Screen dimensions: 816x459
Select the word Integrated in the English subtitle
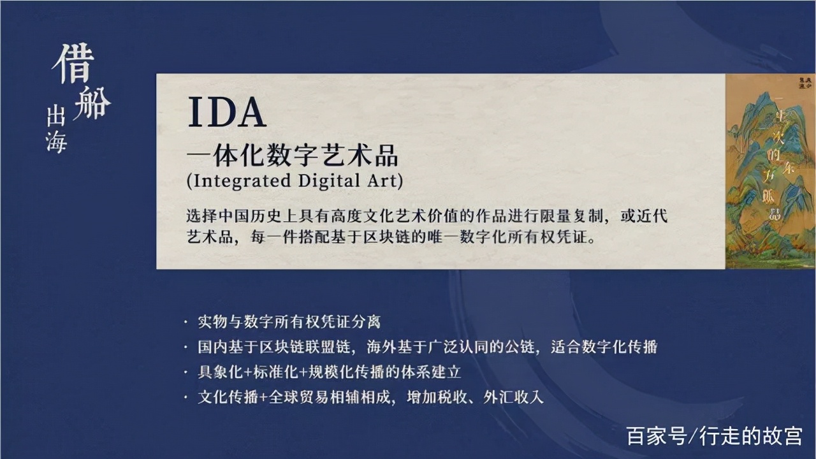(x=242, y=180)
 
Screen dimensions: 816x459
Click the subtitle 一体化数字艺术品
(x=292, y=155)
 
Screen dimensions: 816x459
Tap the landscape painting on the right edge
(x=771, y=171)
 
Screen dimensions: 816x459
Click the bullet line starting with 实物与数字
(x=289, y=322)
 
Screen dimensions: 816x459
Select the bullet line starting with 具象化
(x=330, y=372)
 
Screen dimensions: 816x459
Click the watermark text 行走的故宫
(x=750, y=436)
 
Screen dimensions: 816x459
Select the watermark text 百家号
(x=657, y=436)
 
